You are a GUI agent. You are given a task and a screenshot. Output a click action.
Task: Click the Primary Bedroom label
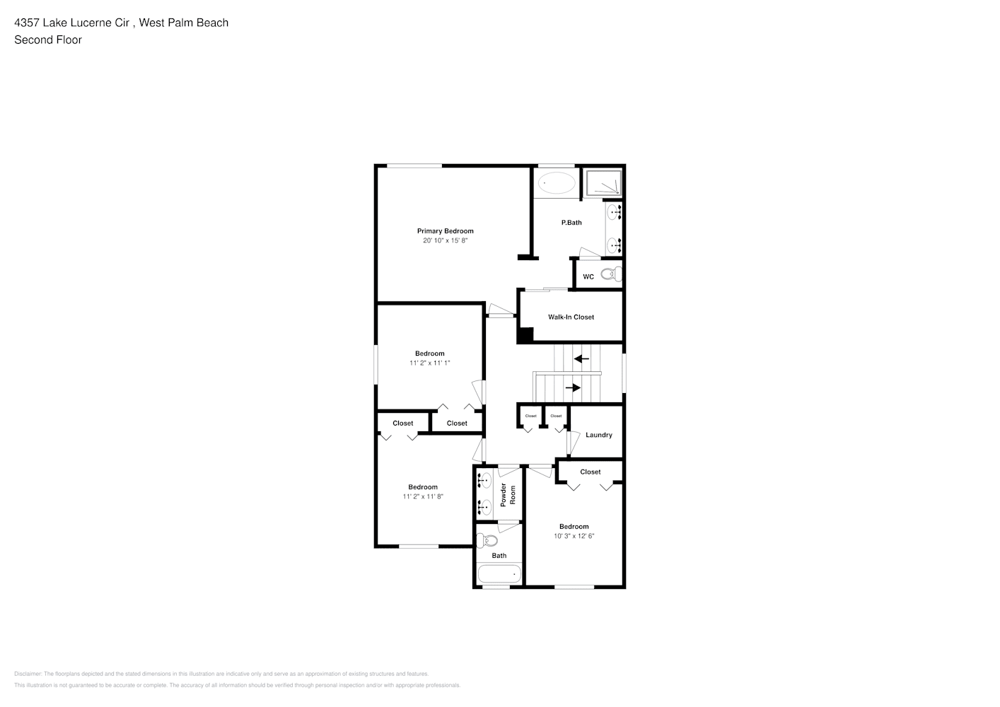tap(445, 231)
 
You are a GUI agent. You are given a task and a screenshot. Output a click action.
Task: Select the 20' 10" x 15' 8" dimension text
tap(445, 241)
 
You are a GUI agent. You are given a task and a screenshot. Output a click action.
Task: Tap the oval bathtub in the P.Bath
tap(557, 184)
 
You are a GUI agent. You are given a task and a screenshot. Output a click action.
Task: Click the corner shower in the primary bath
tap(603, 183)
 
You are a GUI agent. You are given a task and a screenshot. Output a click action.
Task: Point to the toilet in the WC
tap(608, 274)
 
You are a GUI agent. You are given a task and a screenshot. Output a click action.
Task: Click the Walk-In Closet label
tap(571, 317)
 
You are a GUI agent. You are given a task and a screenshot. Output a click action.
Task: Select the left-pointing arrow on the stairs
tap(581, 359)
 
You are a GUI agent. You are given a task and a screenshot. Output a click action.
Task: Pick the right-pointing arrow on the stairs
tap(573, 387)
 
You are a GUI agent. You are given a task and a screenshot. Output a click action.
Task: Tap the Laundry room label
tap(598, 436)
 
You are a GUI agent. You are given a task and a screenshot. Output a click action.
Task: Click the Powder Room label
tap(508, 495)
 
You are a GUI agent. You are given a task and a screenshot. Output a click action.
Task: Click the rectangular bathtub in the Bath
tap(499, 573)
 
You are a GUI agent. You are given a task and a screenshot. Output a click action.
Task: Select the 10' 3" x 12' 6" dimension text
tap(574, 537)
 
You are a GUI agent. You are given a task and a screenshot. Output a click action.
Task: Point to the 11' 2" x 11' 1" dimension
tap(429, 363)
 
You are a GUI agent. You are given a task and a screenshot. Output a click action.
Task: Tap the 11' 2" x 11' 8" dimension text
tap(423, 497)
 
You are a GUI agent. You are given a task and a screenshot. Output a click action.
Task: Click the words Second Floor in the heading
tap(48, 40)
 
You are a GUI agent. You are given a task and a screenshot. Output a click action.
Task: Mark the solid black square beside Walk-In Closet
tap(525, 335)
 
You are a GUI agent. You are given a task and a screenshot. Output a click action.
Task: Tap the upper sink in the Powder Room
tap(485, 481)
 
